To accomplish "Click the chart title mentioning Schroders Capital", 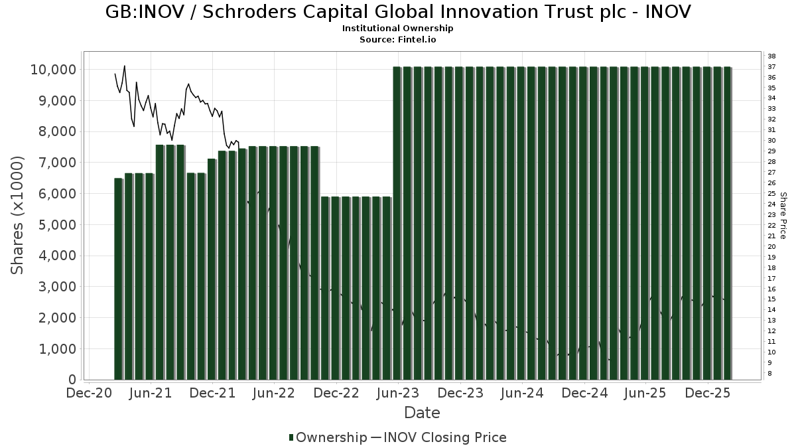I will tap(398, 12).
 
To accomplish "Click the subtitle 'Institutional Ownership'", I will tap(398, 29).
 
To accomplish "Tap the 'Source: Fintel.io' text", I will tap(398, 39).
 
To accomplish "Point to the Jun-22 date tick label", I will tap(275, 393).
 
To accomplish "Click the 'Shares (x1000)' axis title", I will tap(18, 215).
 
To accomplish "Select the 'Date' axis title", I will tap(423, 413).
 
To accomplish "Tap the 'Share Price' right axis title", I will tap(783, 215).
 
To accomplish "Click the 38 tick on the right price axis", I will tap(771, 56).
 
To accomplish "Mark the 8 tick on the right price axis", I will tap(769, 374).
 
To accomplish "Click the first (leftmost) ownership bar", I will tap(118, 279).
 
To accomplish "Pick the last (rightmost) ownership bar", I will tap(727, 223).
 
